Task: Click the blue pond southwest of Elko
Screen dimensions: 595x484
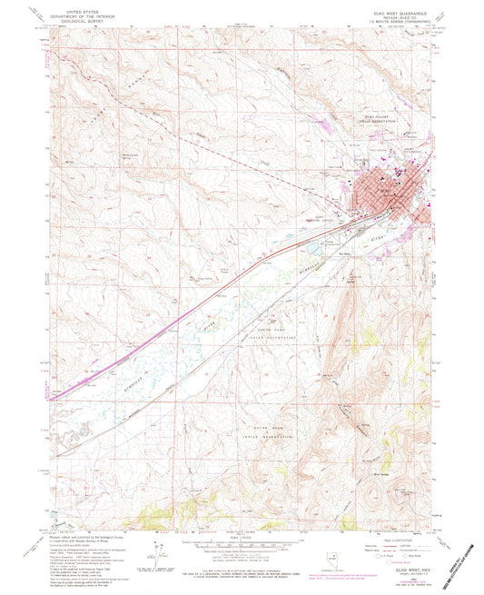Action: pos(311,244)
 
